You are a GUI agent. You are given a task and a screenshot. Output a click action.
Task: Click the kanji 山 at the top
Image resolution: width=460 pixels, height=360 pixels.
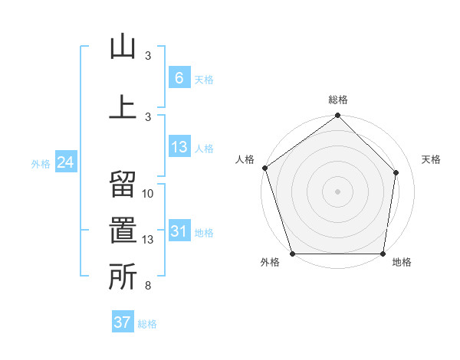pos(123,48)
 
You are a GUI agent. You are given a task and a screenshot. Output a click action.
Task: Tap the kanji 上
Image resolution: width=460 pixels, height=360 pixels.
pos(123,107)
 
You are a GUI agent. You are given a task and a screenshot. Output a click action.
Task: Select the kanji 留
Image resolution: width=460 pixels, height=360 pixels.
pos(123,186)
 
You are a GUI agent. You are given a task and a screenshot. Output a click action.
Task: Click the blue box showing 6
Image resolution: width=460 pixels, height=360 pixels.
pos(179,77)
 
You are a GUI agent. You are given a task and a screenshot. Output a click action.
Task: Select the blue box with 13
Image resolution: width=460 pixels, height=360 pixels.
pos(179,147)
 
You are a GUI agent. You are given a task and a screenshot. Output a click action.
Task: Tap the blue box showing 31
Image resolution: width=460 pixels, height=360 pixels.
pos(179,231)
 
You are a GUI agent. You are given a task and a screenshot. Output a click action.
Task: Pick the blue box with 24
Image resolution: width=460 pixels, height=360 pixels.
pos(65,162)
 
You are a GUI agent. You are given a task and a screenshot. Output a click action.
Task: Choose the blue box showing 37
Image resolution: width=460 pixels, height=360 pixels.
pos(122,322)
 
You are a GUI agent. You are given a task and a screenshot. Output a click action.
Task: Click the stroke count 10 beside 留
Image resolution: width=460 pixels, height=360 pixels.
pos(148,193)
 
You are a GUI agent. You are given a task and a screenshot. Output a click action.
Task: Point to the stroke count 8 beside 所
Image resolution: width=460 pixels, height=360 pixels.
pos(148,286)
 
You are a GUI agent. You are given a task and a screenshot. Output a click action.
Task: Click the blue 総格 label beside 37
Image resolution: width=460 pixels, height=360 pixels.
pos(147,324)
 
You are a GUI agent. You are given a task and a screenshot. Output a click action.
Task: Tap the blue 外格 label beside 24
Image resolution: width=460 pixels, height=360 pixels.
pos(41,164)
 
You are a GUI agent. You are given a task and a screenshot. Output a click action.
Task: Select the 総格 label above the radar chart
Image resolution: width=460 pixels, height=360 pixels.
pos(338,100)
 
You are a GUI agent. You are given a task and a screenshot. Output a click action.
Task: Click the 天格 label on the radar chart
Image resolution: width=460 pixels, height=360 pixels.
pos(432,159)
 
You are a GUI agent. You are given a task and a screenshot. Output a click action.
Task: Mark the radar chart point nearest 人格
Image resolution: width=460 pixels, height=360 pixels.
pos(264,168)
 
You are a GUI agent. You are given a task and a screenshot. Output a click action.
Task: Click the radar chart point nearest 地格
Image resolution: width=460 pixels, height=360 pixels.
pos(383,254)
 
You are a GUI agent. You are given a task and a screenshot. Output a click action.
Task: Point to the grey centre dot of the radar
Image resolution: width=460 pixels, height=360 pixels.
pos(337,191)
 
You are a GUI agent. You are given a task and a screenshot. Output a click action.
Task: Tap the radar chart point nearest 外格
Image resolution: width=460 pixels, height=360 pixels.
pos(292,254)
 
